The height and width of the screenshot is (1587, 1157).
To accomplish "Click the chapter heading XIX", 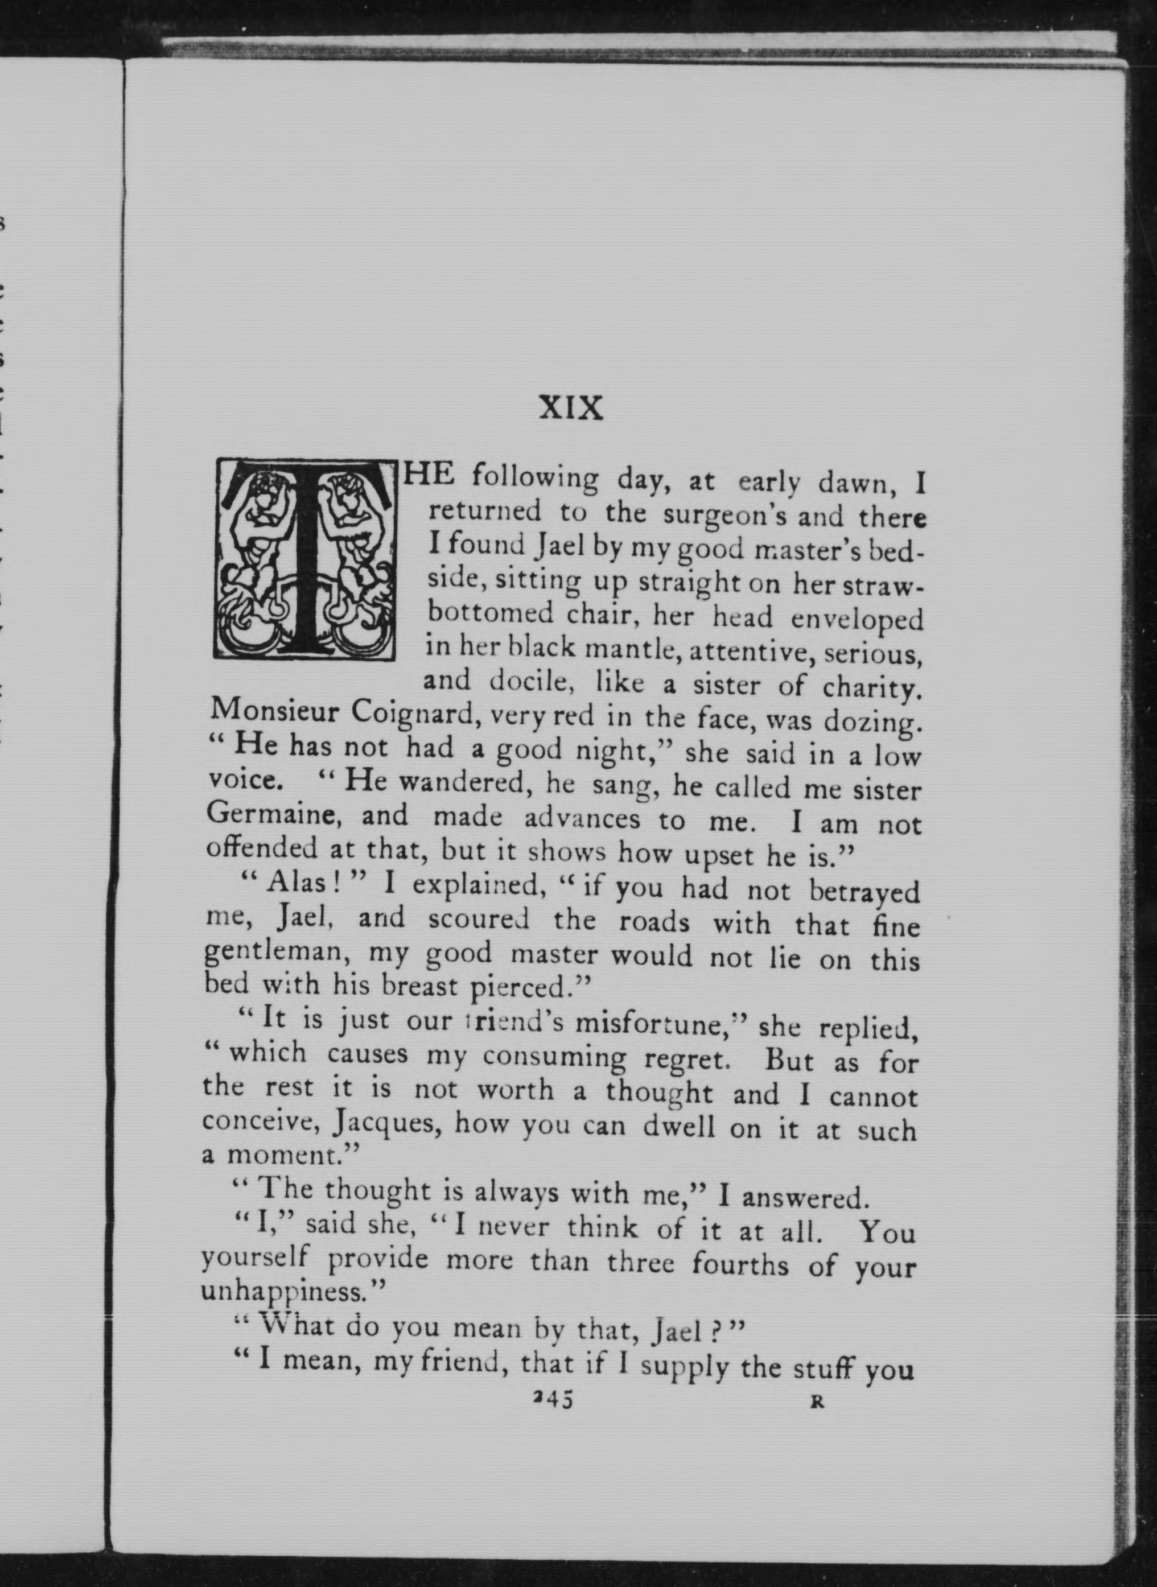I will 571,408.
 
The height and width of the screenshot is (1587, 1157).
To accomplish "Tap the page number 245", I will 553,1400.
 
